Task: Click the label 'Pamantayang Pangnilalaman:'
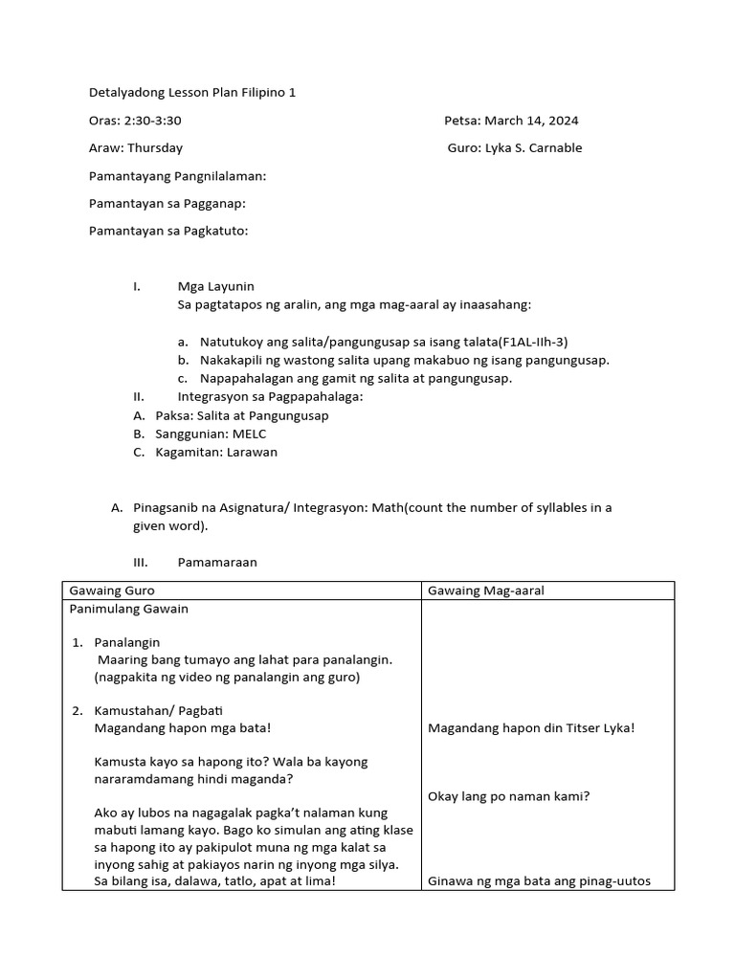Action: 177,176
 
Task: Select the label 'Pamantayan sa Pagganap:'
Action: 167,203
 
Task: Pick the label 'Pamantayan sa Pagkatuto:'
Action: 168,231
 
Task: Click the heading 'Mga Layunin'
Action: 215,286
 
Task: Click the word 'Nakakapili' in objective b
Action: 230,360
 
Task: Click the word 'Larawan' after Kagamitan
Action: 252,452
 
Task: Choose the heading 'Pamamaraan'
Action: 217,563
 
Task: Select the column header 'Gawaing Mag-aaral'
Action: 486,590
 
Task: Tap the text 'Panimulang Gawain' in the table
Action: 128,609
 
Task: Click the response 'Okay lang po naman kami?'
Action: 508,796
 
